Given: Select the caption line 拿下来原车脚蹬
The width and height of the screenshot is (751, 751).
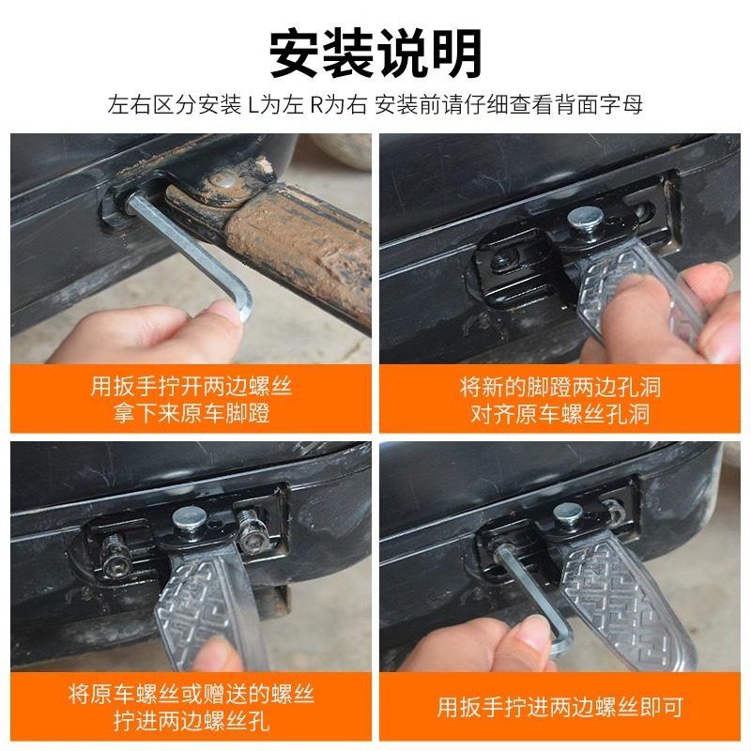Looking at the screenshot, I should point(191,413).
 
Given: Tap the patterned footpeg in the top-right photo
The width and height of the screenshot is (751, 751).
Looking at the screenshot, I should point(629,286).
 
